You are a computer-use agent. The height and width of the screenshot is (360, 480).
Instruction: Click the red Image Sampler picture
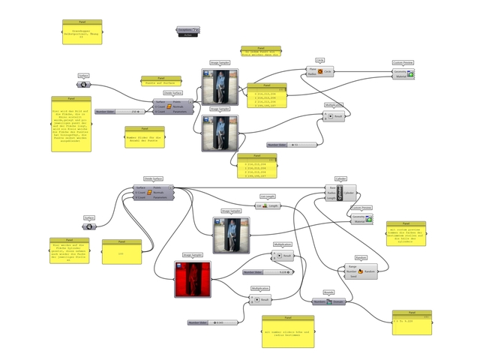click(x=192, y=278)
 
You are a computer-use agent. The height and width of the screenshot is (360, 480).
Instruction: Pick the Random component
click(x=362, y=271)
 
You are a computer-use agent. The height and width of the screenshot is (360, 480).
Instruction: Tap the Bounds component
click(x=328, y=301)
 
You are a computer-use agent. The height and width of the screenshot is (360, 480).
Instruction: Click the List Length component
click(x=268, y=205)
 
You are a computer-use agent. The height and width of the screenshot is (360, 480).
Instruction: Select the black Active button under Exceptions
click(x=189, y=34)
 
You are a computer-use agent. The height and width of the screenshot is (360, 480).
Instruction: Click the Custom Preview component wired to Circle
click(x=403, y=73)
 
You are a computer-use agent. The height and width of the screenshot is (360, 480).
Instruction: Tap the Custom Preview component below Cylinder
click(x=363, y=218)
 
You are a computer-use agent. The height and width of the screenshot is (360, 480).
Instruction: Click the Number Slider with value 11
click(x=292, y=145)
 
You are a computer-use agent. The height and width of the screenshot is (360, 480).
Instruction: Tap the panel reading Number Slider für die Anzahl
click(x=145, y=139)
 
